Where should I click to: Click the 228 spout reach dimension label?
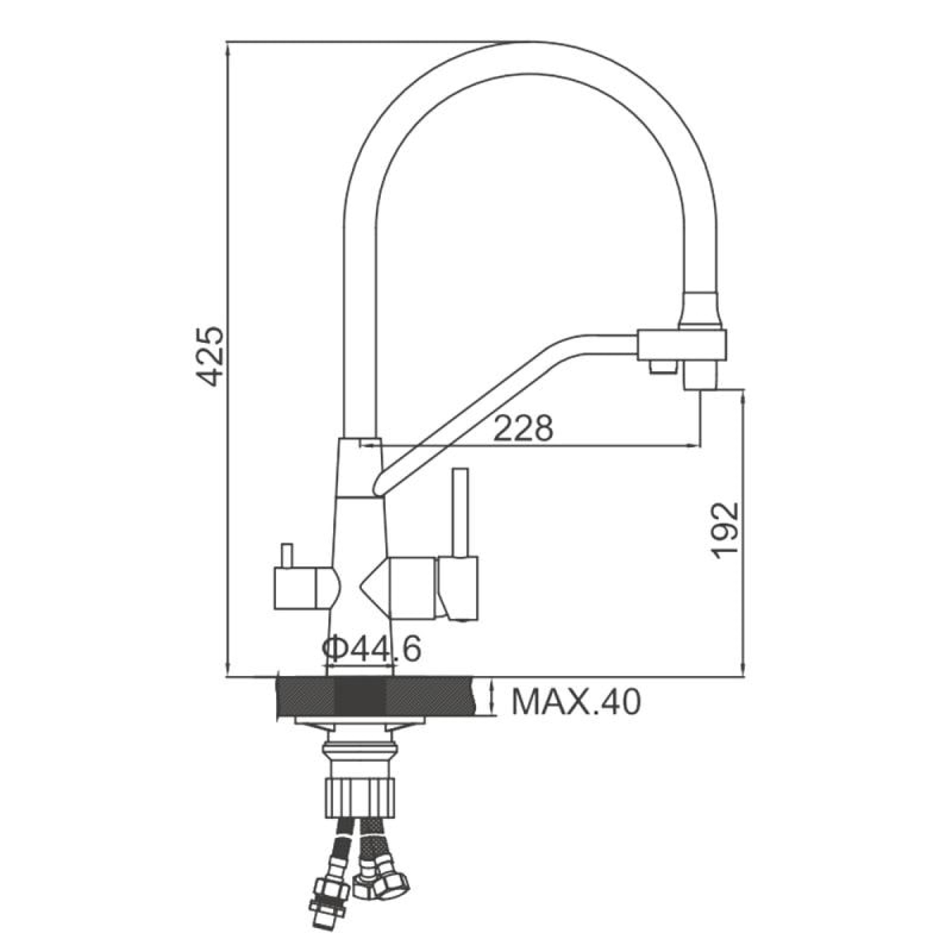coord(523,428)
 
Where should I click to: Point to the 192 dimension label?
coord(726,531)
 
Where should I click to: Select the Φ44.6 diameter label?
coord(372,649)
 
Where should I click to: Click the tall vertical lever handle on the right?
coord(460,513)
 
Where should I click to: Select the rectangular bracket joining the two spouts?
coord(683,345)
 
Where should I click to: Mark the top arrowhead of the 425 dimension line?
coord(228,47)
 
